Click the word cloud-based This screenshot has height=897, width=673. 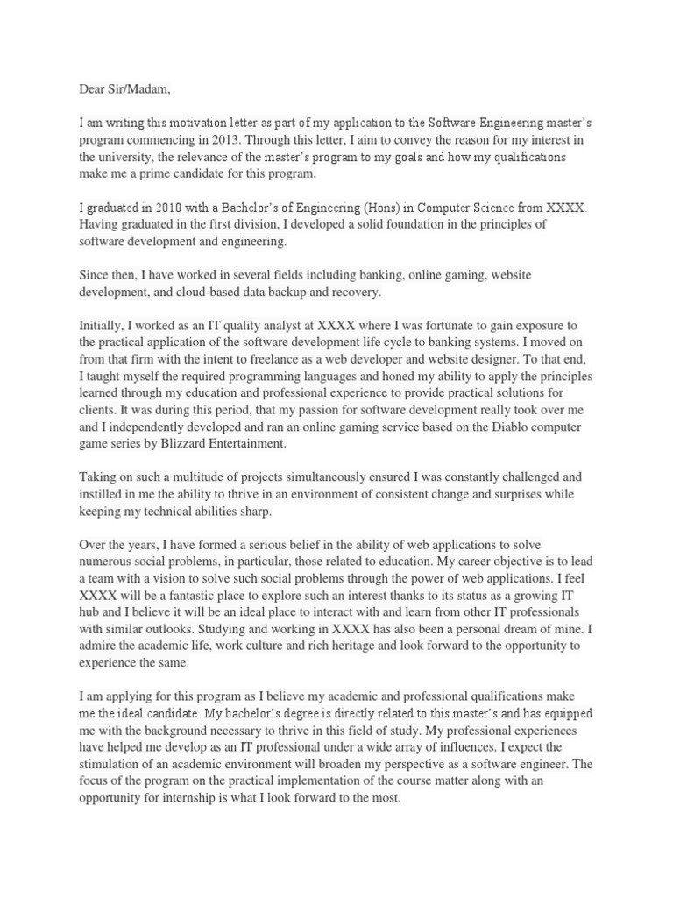(x=222, y=292)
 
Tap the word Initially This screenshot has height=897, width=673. (x=104, y=325)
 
